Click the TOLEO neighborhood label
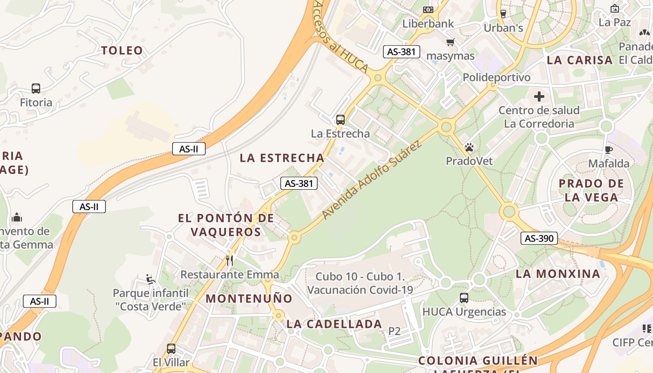tap(122, 50)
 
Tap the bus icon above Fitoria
tap(36, 88)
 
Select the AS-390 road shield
tap(539, 238)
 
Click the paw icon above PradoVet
tap(469, 148)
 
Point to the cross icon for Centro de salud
tap(539, 97)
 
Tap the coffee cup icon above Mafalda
tap(609, 150)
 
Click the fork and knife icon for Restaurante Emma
tap(229, 260)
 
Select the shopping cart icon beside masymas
tap(450, 42)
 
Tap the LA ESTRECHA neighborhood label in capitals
tap(282, 158)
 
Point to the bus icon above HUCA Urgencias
tap(464, 297)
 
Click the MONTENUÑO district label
tap(249, 298)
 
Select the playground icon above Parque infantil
tap(150, 279)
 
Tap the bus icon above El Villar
tap(171, 348)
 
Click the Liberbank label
tap(428, 24)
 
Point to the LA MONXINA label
tap(558, 274)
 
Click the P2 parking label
tap(395, 331)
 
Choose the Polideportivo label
tap(496, 77)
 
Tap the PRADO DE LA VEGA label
tap(591, 190)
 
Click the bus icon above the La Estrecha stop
tap(340, 120)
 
